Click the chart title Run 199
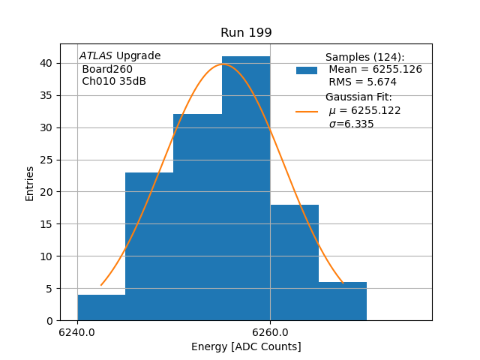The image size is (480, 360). coord(246,33)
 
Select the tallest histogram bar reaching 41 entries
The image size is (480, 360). coord(246,187)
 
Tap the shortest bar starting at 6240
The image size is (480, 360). coord(101,307)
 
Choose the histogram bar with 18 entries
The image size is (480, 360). coord(294,262)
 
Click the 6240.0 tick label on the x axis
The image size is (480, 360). coord(77,332)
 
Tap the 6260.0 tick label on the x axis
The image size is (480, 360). coord(270,332)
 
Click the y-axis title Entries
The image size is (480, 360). coord(30,183)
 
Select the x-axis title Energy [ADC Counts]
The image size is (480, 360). coord(246,346)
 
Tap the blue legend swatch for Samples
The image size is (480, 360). coord(307,70)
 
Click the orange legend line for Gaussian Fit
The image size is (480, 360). coord(307,111)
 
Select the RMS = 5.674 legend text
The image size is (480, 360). coord(363,82)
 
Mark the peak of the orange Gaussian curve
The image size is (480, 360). coord(223,64)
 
